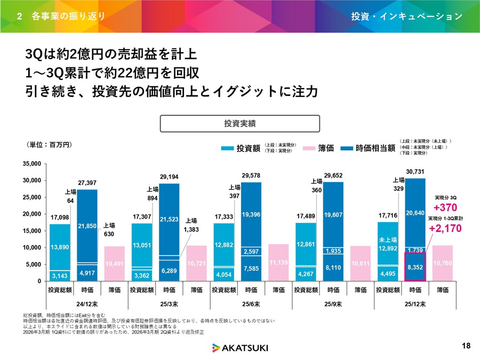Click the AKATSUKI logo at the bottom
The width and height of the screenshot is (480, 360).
point(240,348)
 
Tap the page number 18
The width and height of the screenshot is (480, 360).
point(467,346)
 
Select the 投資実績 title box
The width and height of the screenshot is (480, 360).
point(240,123)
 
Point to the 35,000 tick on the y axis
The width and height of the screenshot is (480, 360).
point(33,164)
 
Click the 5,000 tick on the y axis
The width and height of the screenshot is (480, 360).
point(34,264)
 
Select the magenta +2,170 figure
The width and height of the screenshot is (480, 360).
point(446,229)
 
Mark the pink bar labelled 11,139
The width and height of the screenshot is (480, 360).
point(278,262)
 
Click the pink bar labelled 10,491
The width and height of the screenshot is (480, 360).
point(115,263)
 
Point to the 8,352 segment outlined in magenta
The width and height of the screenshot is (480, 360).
point(415,267)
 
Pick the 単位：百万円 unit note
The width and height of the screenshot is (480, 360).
point(49,145)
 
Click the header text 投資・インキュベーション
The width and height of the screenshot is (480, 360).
point(407,16)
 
